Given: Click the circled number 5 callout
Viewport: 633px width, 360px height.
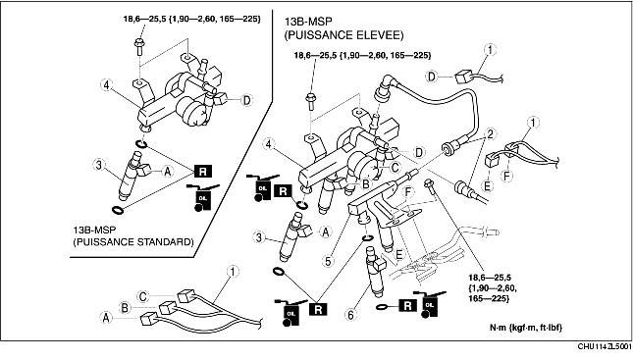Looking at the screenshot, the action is click(328, 261).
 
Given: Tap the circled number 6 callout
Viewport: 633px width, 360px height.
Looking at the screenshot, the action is click(350, 315).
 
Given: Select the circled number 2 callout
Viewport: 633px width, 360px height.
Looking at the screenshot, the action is click(490, 134).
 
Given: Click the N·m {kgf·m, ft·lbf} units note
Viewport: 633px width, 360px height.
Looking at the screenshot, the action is click(526, 328).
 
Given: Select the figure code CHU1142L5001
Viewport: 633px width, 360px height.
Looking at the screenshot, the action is click(605, 346).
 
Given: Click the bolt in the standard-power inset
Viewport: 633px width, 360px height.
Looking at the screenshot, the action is click(138, 45).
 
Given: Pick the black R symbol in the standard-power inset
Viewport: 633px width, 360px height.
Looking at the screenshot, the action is click(202, 171).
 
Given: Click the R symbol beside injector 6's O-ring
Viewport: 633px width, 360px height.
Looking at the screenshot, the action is click(407, 305).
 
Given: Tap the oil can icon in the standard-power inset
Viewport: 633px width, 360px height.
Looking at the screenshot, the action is click(201, 198).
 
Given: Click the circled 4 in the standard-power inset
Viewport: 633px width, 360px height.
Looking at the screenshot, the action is click(106, 85).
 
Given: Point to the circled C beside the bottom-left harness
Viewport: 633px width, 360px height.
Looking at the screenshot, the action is click(143, 296).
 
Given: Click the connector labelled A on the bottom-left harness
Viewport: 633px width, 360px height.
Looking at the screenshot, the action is click(147, 319).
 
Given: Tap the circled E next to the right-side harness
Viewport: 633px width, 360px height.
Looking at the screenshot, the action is click(488, 185).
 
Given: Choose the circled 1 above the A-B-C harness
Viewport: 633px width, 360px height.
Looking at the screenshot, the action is click(233, 271).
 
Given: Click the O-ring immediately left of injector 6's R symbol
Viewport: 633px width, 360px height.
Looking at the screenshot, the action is click(384, 308).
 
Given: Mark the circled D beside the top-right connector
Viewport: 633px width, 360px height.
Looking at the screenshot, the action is click(432, 76).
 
